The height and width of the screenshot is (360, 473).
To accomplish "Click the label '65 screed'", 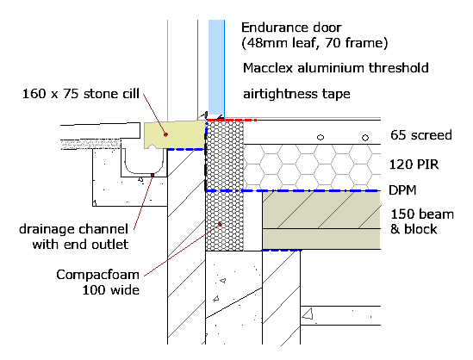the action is [x=421, y=135].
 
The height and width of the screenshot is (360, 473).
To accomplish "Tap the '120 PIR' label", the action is [x=414, y=164].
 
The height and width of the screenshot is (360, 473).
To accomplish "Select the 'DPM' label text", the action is [x=402, y=190].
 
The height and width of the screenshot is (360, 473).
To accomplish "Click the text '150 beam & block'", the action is [x=422, y=221].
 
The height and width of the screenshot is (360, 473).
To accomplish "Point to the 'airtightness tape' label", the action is [x=296, y=94].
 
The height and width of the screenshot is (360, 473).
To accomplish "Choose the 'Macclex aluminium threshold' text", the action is [x=336, y=68].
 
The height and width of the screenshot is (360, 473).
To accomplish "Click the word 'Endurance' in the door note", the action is [x=274, y=28].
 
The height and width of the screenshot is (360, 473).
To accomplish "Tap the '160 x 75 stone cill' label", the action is [x=81, y=94].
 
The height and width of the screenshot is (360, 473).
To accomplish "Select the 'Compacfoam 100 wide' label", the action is [x=97, y=282].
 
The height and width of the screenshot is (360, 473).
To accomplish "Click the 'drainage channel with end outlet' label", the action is [x=74, y=237].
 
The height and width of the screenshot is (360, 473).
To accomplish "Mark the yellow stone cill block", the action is [x=175, y=134].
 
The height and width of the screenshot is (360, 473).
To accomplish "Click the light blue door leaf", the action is [x=216, y=67].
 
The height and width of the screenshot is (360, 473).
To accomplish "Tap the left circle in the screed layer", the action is [x=321, y=138].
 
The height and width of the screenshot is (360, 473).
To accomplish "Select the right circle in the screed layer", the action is [x=365, y=138].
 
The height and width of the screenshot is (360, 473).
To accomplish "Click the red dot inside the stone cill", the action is [x=165, y=134].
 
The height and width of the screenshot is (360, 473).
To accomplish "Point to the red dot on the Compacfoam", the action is [x=221, y=224].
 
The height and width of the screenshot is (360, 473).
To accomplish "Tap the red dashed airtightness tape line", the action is [x=232, y=120].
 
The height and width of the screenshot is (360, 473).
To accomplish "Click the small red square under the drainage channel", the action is [x=152, y=175].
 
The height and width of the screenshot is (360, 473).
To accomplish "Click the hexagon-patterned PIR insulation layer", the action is [x=312, y=167].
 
